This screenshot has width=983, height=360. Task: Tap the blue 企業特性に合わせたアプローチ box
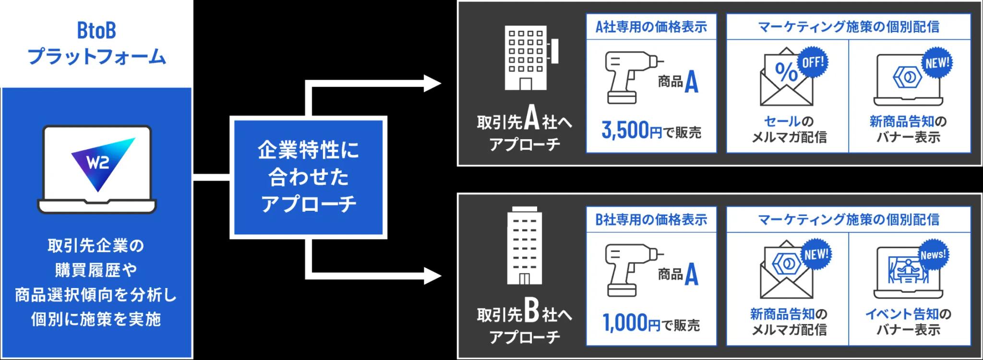tap(308, 177)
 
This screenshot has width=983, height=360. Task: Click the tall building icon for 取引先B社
tap(525, 246)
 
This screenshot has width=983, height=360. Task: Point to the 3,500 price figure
tap(625, 131)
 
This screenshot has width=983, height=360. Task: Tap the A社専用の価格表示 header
tap(651, 27)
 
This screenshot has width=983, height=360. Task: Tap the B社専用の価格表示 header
tap(651, 220)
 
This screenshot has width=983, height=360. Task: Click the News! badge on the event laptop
tap(933, 255)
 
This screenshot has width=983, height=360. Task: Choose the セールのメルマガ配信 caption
tap(789, 130)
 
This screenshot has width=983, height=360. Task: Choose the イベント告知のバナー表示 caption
tap(908, 322)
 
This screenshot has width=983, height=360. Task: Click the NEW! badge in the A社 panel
tap(937, 63)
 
